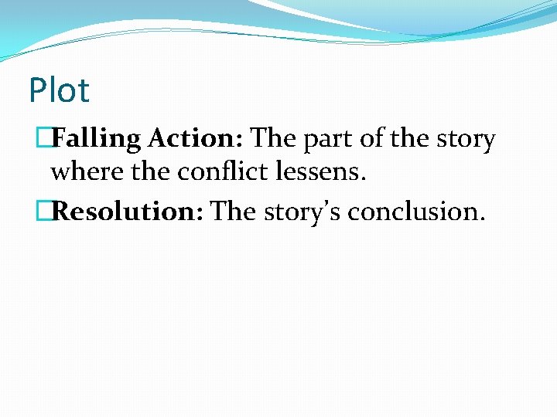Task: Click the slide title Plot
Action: tap(59, 91)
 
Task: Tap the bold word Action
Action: tap(195, 139)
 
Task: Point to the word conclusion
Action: tap(414, 211)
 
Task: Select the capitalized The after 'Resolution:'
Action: tap(233, 211)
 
